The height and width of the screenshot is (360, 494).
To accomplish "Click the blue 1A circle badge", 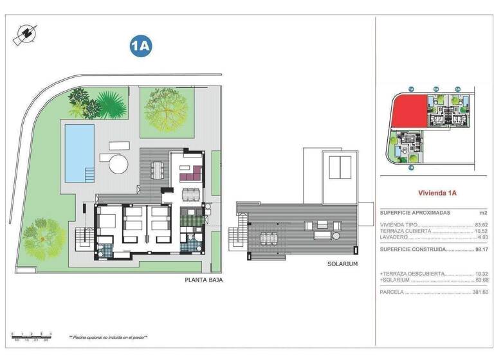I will coord(140,46).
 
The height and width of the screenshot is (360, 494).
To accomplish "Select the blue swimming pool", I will coord(79,152).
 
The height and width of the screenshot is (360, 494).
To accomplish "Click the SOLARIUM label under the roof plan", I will coord(342,264).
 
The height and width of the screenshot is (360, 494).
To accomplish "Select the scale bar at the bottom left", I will coord(32,336).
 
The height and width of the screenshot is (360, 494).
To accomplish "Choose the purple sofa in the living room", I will coord(192,174).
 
